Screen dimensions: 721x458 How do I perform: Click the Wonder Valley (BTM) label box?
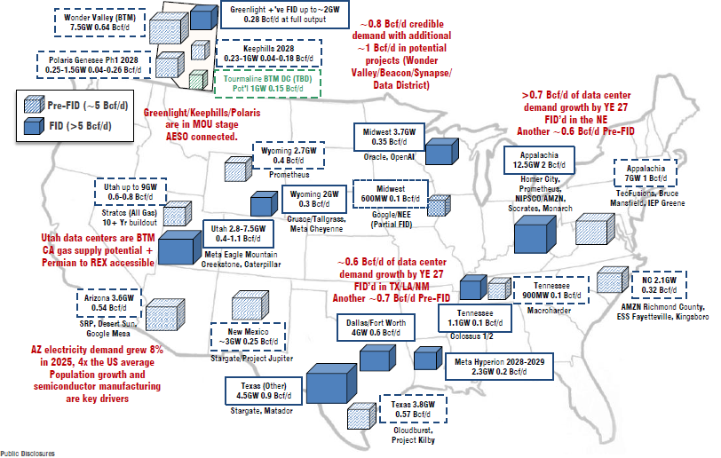[x=99, y=22]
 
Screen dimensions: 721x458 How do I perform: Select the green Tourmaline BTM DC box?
[x=267, y=83]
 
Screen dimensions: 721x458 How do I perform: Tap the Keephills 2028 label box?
[x=268, y=53]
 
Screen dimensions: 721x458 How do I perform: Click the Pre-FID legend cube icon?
[x=35, y=106]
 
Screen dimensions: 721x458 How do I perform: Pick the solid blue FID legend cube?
[x=35, y=125]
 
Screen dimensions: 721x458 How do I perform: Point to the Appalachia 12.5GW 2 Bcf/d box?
[x=539, y=160]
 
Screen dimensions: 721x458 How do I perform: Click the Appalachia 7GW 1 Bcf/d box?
[x=646, y=173]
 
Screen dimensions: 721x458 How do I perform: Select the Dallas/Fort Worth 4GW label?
[x=376, y=328]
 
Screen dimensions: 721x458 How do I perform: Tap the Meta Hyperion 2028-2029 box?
[x=499, y=367]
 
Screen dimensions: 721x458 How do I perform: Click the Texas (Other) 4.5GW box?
[x=264, y=391]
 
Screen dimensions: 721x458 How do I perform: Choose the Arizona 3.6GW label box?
[x=108, y=303]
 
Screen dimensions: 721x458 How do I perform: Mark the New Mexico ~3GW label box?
[x=248, y=336]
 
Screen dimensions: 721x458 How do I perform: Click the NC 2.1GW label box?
[x=659, y=285]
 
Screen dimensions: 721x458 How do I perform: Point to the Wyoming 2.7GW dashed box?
[x=289, y=155]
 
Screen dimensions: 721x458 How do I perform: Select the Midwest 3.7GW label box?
[x=389, y=137]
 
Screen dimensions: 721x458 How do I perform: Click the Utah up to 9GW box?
[x=131, y=192]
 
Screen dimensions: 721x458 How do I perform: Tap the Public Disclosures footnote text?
[x=28, y=454]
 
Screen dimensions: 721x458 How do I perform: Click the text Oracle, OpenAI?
[x=389, y=157]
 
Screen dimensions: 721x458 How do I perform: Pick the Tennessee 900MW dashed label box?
[x=551, y=290]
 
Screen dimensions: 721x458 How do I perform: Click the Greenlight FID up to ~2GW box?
[x=285, y=14]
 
